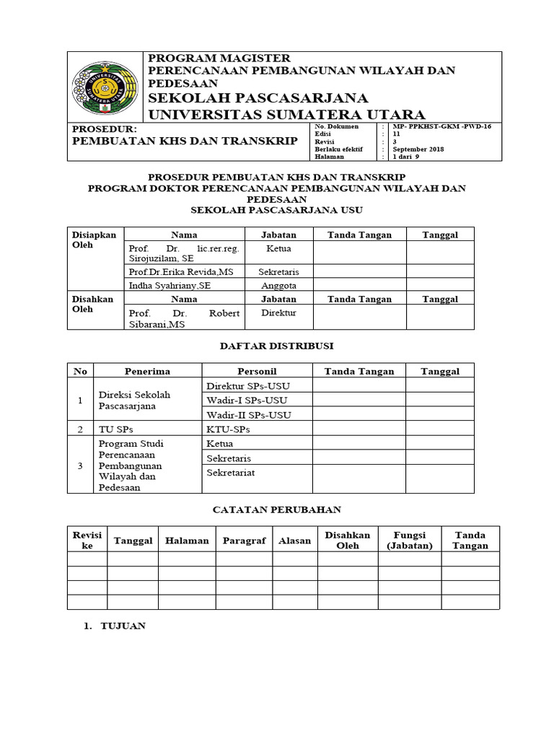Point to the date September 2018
click(x=418, y=149)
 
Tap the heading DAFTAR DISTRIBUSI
click(x=276, y=346)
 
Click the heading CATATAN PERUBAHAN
click(x=276, y=510)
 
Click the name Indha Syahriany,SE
click(x=170, y=286)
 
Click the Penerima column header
click(x=147, y=371)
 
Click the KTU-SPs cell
click(x=228, y=429)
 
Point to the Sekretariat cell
click(x=230, y=472)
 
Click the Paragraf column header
click(x=245, y=541)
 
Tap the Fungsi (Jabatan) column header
click(x=410, y=541)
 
